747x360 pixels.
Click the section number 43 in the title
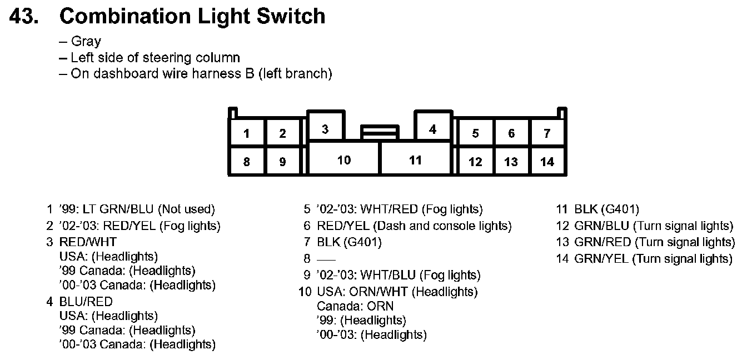click(x=24, y=16)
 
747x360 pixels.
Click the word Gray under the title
click(x=86, y=42)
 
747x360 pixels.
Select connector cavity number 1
click(x=246, y=133)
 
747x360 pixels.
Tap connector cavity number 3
click(x=325, y=129)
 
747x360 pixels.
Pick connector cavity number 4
click(x=432, y=129)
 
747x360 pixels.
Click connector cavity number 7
click(x=547, y=133)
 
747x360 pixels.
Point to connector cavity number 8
click(x=246, y=162)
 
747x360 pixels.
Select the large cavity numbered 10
click(x=344, y=160)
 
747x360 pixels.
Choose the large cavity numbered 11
click(x=415, y=160)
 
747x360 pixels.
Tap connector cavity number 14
click(x=547, y=162)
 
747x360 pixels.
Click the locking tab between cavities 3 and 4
click(x=380, y=132)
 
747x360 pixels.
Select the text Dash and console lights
click(x=442, y=226)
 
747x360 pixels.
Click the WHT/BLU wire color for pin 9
click(x=389, y=275)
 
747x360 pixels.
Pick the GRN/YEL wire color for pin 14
click(x=602, y=258)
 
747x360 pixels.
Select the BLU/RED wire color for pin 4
click(x=86, y=302)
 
